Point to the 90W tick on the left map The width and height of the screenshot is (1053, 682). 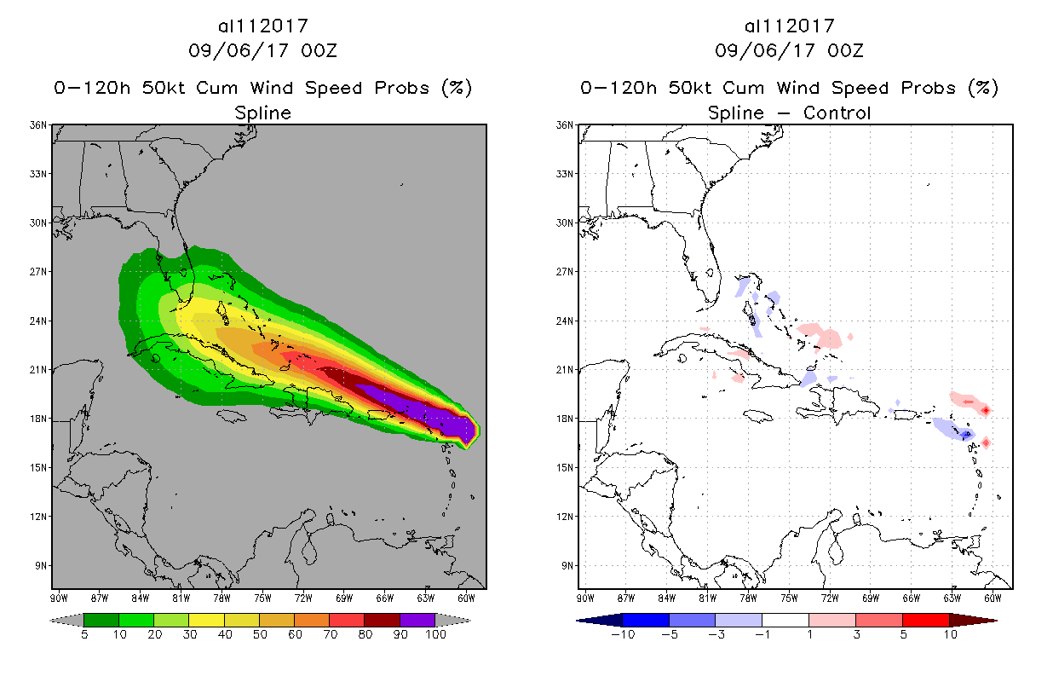[60, 598]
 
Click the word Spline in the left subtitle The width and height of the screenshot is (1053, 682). [262, 113]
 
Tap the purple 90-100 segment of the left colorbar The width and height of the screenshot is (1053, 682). [417, 620]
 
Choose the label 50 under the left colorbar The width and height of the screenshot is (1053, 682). [259, 634]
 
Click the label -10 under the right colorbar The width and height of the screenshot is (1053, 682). [623, 634]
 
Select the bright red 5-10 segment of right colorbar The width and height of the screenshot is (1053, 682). [925, 620]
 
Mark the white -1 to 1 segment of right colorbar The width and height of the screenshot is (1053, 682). [785, 620]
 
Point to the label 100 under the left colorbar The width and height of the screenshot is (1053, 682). [435, 634]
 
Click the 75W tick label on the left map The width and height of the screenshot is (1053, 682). [262, 598]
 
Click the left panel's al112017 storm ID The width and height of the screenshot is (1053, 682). [262, 26]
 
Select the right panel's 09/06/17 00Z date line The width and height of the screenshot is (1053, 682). [789, 50]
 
